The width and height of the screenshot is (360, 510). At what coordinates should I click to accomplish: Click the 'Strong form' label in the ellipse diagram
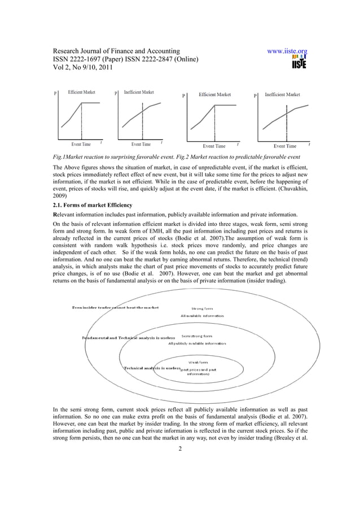[202, 308]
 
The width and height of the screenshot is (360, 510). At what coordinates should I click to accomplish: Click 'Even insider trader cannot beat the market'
[115, 307]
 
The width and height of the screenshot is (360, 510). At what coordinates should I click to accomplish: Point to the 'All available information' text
[202, 316]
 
